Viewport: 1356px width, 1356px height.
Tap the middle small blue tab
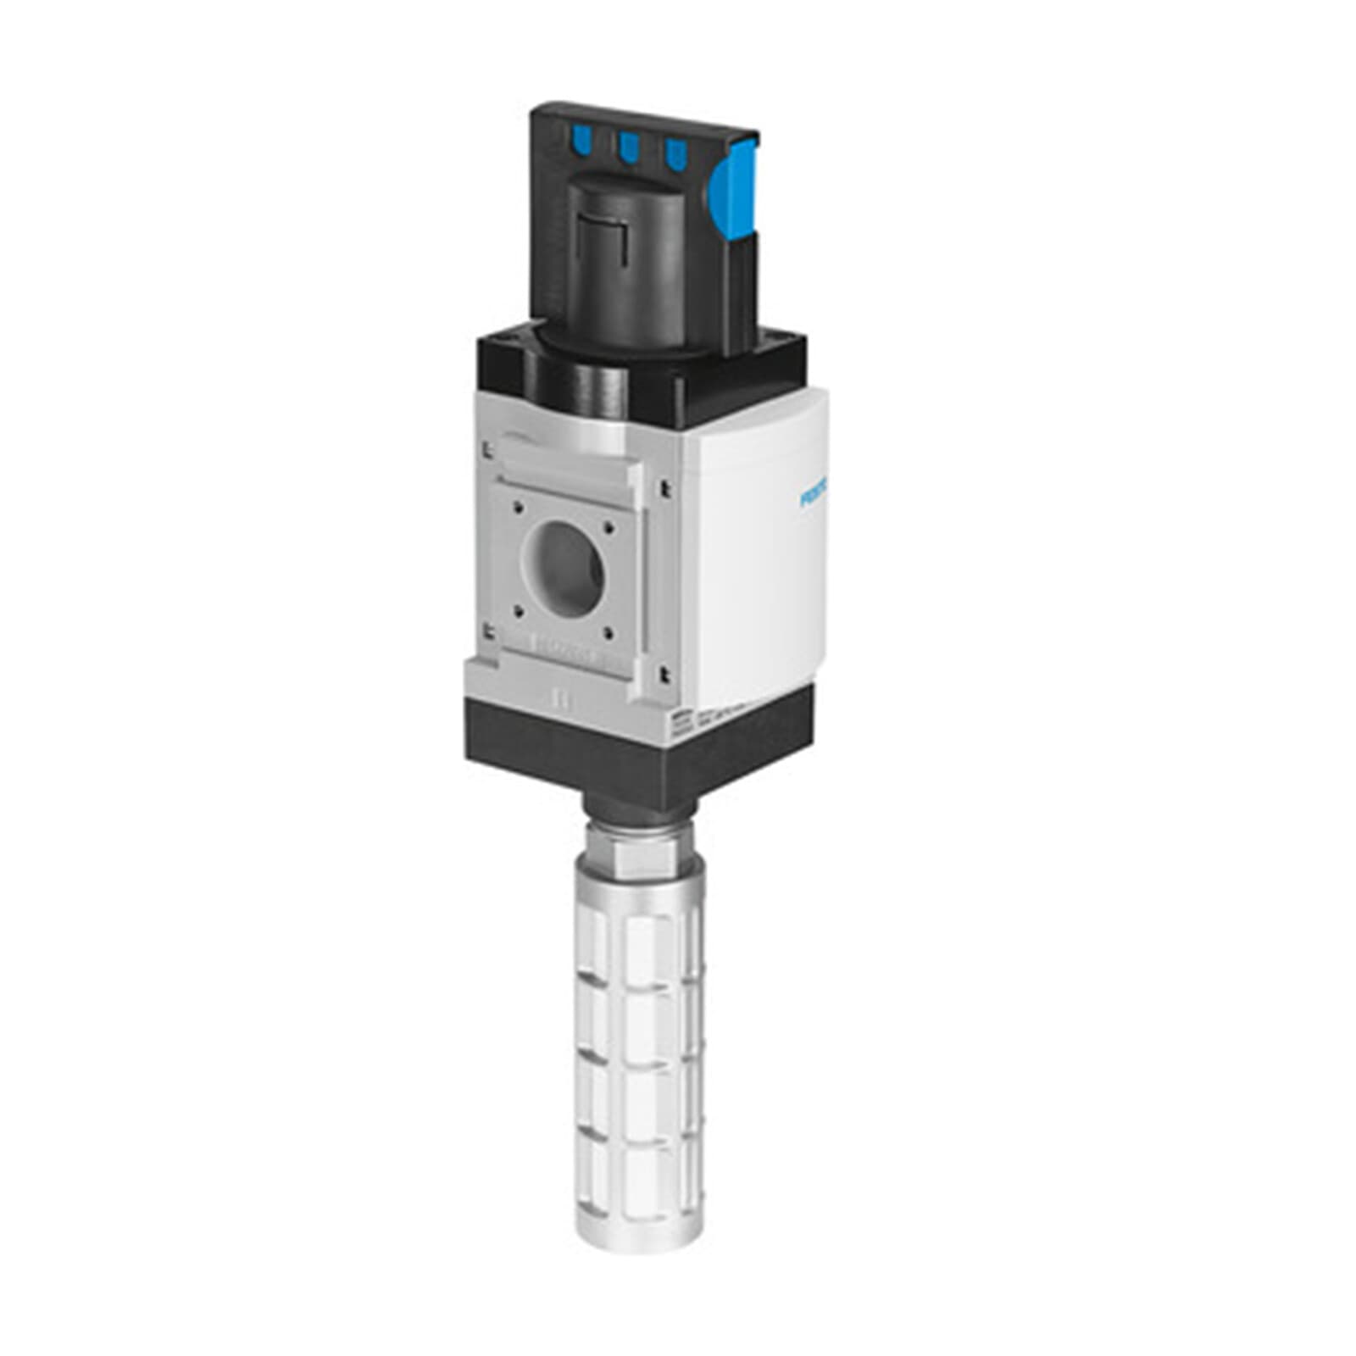628,147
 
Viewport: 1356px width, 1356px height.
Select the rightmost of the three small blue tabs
675,153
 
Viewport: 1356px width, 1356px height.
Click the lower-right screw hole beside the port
608,630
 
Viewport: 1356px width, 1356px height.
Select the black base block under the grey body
636,746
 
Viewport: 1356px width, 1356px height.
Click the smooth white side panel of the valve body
754,576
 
